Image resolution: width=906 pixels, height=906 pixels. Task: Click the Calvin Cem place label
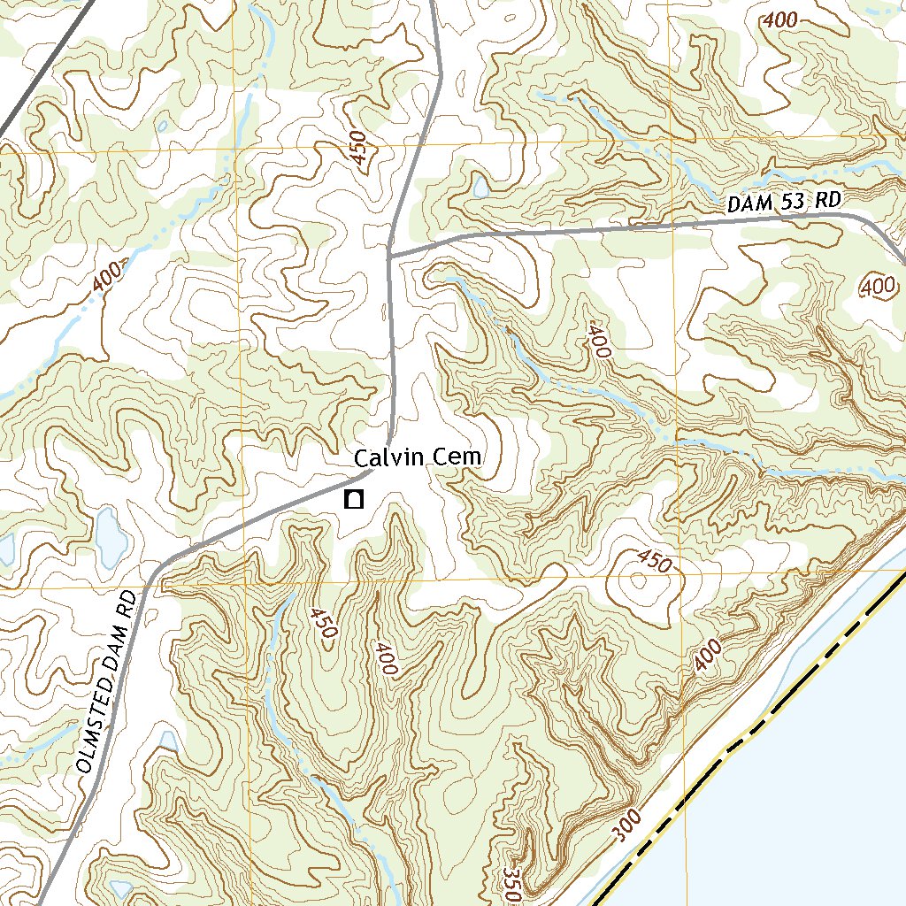point(418,457)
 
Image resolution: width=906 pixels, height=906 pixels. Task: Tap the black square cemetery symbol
point(354,500)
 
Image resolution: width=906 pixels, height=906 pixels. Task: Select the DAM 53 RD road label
point(783,202)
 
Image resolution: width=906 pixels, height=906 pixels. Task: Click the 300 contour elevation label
point(626,826)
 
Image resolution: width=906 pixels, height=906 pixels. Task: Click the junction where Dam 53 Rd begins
point(390,256)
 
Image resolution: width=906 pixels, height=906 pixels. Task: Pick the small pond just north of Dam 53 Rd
point(480,188)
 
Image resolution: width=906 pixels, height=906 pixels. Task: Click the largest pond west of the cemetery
point(111,531)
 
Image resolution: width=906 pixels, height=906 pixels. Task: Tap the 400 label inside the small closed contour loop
point(877,286)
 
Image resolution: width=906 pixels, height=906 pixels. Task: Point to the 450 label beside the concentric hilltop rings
point(654,560)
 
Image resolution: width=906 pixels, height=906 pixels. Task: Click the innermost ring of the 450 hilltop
point(636,581)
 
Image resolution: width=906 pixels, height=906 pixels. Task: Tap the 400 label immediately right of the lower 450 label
point(384,658)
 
